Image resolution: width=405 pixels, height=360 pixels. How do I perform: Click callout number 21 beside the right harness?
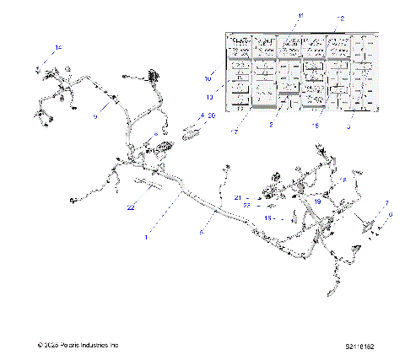click(x=238, y=198)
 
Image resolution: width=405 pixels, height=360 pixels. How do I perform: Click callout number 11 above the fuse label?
click(x=299, y=16)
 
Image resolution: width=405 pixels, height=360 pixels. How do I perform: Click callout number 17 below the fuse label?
click(x=236, y=132)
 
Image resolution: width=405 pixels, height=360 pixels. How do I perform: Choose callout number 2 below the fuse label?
click(x=271, y=124)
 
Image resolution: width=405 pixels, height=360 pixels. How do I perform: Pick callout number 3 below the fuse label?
click(x=348, y=126)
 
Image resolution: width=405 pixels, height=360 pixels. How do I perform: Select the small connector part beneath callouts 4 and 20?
click(x=193, y=131)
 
